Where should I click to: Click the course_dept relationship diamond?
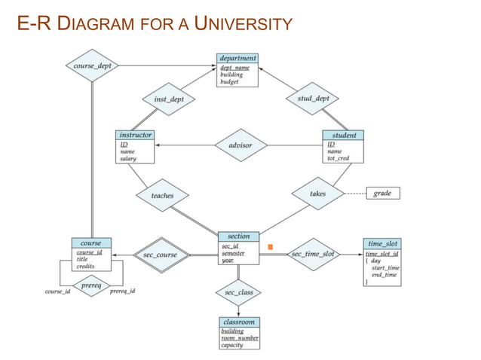pos(93,66)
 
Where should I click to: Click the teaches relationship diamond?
pos(162,196)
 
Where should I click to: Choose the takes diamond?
pos(317,194)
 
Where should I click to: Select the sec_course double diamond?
pos(160,255)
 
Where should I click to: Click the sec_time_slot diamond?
pos(313,254)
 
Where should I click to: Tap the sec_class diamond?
pos(239,291)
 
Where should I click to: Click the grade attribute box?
pos(382,194)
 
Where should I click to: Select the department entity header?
pos(237,58)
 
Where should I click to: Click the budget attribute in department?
pos(229,82)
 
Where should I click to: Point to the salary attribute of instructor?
pos(127,158)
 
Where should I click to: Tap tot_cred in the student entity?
pos(339,158)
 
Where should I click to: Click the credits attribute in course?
pos(85,267)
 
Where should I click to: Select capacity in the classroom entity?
pos(231,345)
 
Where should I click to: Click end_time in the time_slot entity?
pos(385,275)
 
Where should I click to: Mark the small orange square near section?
pos(270,247)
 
